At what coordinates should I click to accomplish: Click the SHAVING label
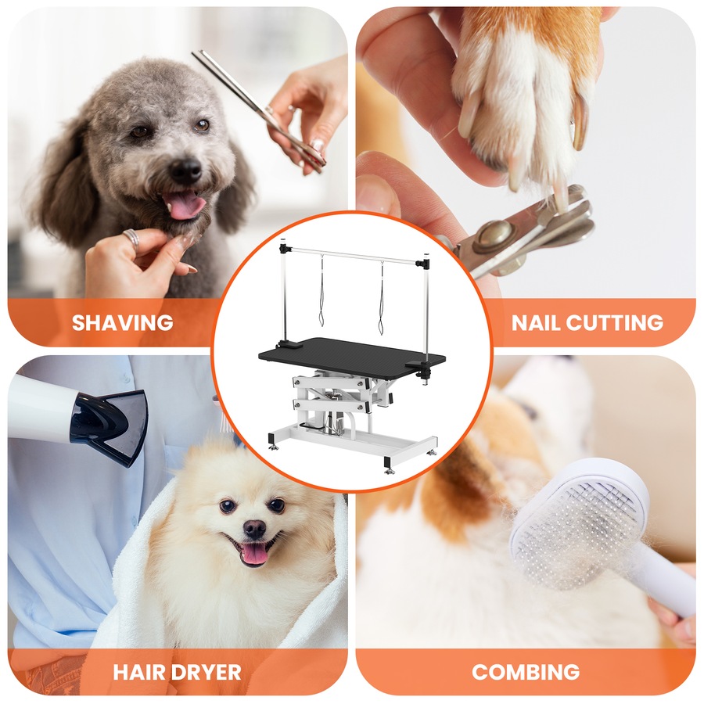(x=122, y=321)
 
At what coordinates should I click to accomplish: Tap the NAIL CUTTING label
(x=587, y=321)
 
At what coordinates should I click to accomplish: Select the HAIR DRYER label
(x=177, y=671)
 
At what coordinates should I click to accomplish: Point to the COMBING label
(x=526, y=671)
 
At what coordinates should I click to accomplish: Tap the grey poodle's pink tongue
(x=185, y=206)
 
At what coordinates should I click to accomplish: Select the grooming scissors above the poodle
(x=258, y=106)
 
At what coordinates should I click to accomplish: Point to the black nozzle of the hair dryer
(x=110, y=422)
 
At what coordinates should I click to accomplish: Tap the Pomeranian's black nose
(x=254, y=529)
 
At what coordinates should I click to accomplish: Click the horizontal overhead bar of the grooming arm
(x=352, y=254)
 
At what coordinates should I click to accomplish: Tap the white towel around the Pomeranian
(x=141, y=602)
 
